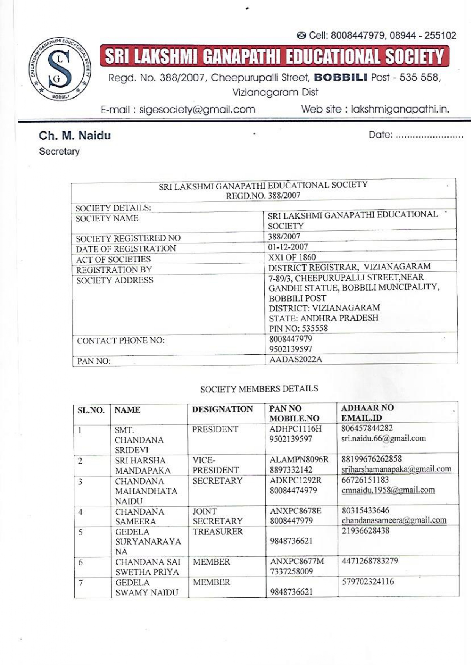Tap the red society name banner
274,56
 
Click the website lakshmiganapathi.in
400,110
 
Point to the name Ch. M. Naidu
75,136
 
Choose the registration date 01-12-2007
288,247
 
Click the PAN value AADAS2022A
295,359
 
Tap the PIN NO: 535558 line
298,328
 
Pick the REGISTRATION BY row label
114,270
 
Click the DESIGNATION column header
222,409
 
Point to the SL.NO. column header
91,410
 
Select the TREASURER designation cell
217,531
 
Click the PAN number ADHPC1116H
295,429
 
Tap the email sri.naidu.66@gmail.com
383,438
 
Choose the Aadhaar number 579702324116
368,581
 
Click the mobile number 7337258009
291,571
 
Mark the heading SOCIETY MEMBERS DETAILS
259,389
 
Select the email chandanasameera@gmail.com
394,520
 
